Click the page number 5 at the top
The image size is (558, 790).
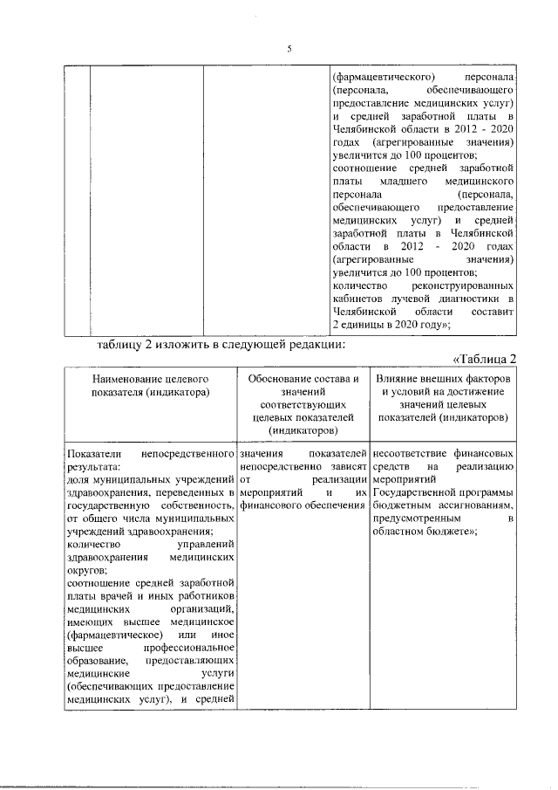point(289,48)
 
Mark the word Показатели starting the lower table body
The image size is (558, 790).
point(93,455)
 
